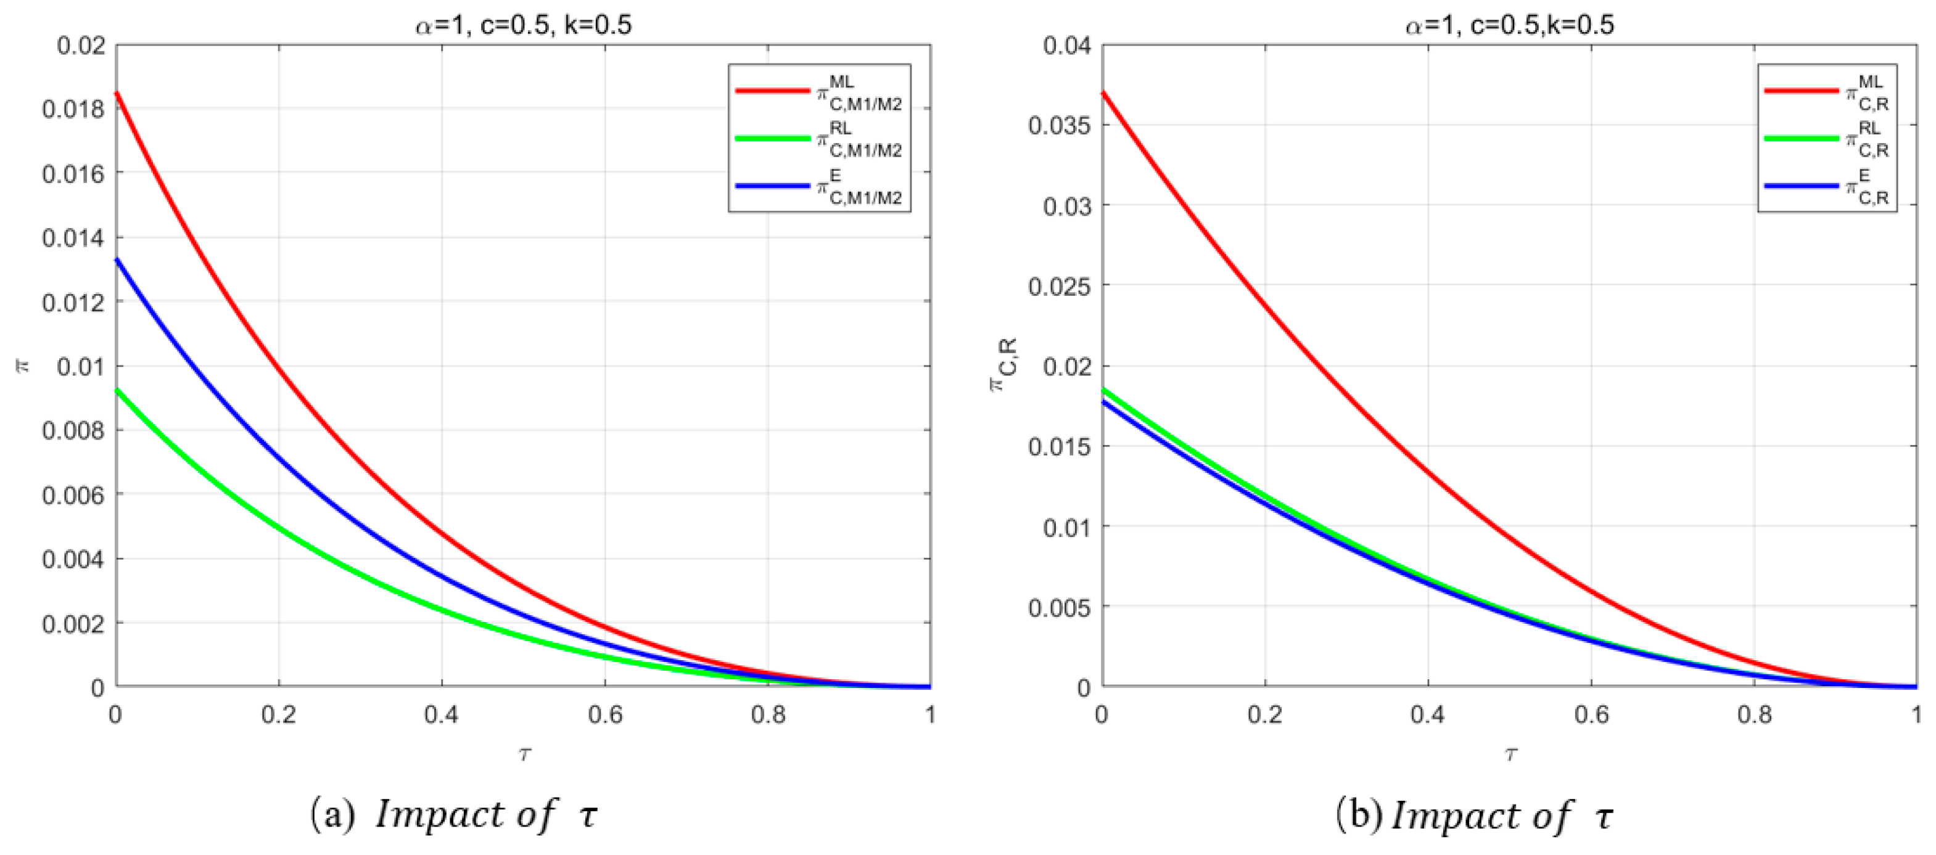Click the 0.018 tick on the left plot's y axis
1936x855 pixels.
(73, 110)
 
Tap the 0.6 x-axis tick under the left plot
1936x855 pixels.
(604, 714)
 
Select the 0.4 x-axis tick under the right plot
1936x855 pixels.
(1427, 714)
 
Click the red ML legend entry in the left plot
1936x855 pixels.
(818, 92)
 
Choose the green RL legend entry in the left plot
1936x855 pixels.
(818, 139)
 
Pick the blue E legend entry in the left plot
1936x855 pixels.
(818, 186)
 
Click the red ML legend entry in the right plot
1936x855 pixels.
(1826, 92)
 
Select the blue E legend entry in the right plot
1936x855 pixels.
(1826, 186)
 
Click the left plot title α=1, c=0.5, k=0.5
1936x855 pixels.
(523, 25)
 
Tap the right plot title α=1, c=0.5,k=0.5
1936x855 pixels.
(1509, 25)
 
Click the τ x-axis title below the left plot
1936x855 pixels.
(524, 753)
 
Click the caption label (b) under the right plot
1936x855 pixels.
(1359, 815)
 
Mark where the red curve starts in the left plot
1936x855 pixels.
(117, 93)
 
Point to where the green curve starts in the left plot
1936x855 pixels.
(117, 390)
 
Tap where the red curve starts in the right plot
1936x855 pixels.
(1103, 93)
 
